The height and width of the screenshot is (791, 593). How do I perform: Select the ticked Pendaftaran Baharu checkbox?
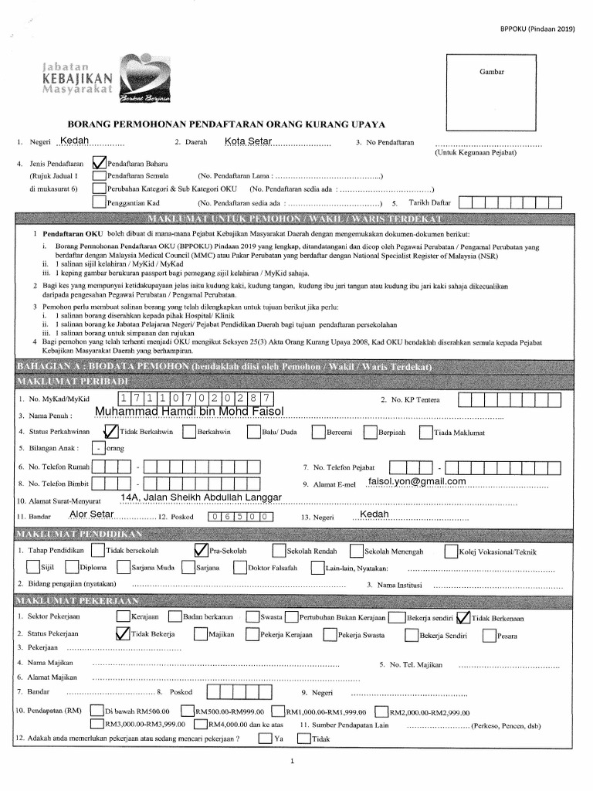pos(98,164)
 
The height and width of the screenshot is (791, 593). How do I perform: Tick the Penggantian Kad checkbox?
pos(98,202)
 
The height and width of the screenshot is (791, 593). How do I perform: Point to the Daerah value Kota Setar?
pos(248,141)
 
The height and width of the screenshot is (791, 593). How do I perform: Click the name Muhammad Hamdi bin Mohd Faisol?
pos(190,410)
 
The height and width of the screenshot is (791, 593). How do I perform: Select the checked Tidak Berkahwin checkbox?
pos(110,432)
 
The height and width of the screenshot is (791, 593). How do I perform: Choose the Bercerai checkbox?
pos(317,432)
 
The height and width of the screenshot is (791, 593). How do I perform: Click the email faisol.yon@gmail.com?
pos(418,481)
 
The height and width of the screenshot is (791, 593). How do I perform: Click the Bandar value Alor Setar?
pos(92,514)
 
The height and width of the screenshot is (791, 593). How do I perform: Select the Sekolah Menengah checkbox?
pos(356,551)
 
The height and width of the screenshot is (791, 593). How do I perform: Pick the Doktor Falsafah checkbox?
pos(240,569)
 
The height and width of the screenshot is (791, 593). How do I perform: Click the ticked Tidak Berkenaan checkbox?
pos(463,617)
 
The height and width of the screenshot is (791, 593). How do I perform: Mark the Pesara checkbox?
pos(489,635)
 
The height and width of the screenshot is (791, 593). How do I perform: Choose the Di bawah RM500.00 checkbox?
pos(97,711)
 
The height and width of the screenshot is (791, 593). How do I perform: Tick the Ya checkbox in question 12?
pos(265,738)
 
